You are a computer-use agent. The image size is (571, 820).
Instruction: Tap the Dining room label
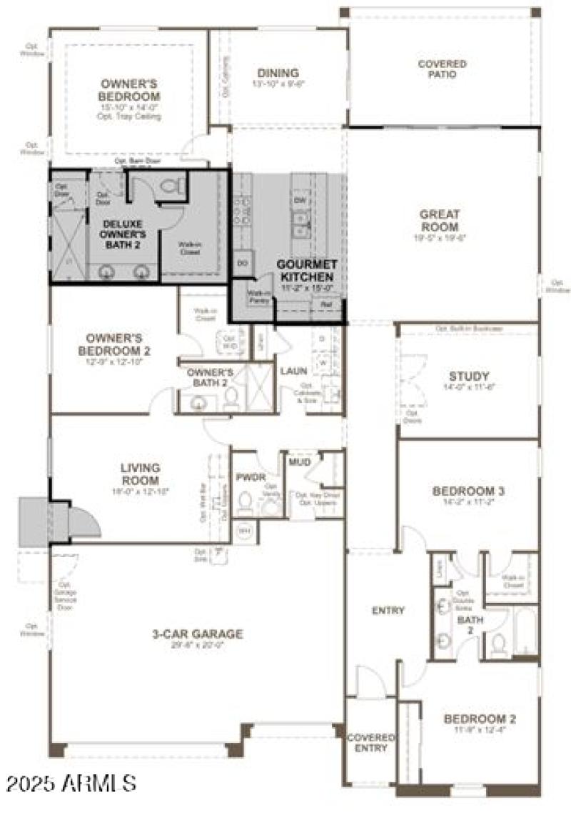click(x=277, y=74)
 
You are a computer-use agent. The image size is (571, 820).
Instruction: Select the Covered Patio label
click(x=443, y=69)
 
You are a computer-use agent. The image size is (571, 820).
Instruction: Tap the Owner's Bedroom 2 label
click(x=118, y=344)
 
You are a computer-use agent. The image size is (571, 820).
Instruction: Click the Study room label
click(x=469, y=376)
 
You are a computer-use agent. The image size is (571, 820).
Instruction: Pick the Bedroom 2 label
click(x=480, y=719)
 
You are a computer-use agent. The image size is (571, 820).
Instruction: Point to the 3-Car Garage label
click(x=198, y=634)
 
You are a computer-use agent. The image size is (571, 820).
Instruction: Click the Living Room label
click(x=140, y=474)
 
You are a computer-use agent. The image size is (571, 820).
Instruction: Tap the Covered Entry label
click(x=371, y=742)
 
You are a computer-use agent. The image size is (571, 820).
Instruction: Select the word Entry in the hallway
click(x=388, y=610)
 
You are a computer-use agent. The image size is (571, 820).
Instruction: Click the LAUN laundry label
click(x=293, y=371)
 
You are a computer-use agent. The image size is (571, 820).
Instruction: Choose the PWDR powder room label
click(x=251, y=476)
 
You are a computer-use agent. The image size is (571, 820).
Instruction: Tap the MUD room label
click(x=299, y=462)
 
